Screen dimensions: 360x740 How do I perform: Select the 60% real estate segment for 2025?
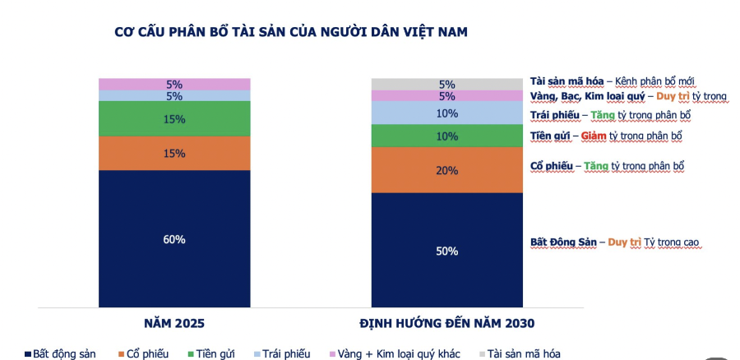point(174,239)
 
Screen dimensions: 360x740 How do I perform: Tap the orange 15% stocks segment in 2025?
point(174,153)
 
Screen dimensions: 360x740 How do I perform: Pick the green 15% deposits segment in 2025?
point(174,118)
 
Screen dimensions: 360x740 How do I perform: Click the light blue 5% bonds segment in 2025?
point(174,95)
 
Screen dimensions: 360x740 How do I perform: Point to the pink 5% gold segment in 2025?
point(174,84)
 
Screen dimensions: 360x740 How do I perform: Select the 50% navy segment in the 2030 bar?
point(446,251)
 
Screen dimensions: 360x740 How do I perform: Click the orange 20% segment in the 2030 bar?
point(446,170)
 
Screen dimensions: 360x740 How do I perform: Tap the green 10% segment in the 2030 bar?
point(446,136)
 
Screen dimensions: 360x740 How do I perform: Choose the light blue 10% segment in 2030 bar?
point(446,113)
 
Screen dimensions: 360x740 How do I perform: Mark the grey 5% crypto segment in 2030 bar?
point(446,84)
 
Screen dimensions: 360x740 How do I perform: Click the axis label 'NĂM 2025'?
point(174,322)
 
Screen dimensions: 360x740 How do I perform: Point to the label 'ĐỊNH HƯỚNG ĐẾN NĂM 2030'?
point(446,322)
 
